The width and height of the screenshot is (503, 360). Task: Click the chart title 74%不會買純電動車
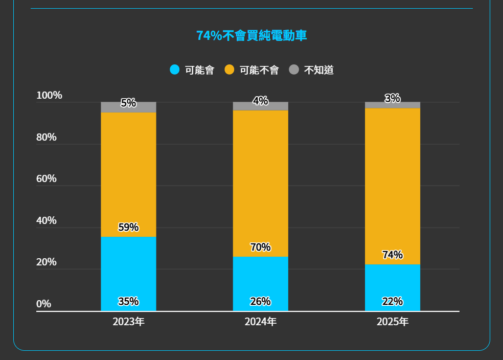click(x=252, y=36)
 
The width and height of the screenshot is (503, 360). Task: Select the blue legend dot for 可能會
click(x=175, y=70)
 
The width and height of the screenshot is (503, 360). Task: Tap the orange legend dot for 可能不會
click(x=230, y=70)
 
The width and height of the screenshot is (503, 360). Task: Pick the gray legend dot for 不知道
click(x=294, y=70)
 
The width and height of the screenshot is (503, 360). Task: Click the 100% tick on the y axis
click(x=49, y=96)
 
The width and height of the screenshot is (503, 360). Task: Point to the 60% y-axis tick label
click(x=47, y=179)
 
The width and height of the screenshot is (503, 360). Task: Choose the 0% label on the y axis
click(x=43, y=304)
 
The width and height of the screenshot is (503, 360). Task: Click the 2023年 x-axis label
click(x=128, y=322)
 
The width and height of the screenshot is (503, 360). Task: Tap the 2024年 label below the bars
click(x=260, y=322)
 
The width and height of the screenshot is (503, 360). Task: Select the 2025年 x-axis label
click(x=392, y=322)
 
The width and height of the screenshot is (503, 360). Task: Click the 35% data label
click(x=128, y=301)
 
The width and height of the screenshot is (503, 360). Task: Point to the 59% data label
click(x=128, y=228)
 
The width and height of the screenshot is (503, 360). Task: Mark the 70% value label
click(x=260, y=247)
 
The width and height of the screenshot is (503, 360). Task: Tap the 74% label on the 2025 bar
click(x=392, y=255)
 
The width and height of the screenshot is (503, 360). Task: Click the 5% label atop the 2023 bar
click(x=128, y=103)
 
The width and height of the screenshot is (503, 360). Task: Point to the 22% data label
click(x=392, y=301)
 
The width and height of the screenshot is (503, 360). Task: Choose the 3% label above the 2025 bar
click(x=392, y=99)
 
